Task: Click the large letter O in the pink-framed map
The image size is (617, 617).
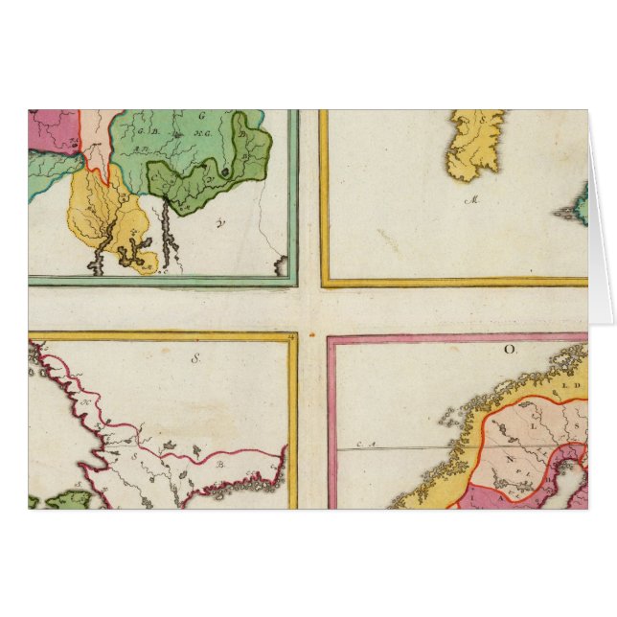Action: click(x=510, y=350)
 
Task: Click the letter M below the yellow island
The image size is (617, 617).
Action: click(x=471, y=200)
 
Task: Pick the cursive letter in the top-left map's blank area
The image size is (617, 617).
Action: click(x=223, y=225)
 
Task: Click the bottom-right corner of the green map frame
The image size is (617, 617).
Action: click(x=295, y=284)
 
